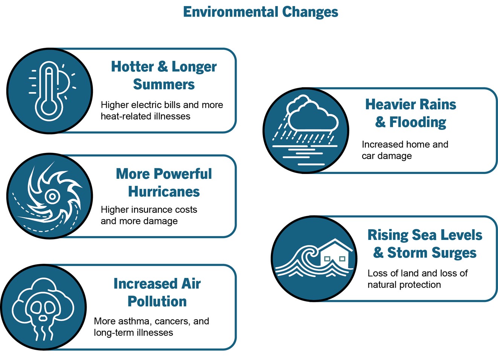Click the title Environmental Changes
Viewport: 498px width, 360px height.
coord(260,12)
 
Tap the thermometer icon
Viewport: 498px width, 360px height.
coord(49,92)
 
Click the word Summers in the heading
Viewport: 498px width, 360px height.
coord(164,84)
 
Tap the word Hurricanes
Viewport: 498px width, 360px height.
coord(164,192)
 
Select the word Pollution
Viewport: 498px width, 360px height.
coord(157,302)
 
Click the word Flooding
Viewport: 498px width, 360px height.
coord(417,122)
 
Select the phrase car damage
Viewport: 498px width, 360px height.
coord(387,156)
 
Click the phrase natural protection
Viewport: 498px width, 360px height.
coord(404,285)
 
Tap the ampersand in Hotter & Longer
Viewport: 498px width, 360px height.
coord(163,66)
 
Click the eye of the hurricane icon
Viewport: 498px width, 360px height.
coord(52,196)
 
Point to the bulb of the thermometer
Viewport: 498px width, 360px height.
coord(49,109)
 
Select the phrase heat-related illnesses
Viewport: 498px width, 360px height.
coord(145,116)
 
